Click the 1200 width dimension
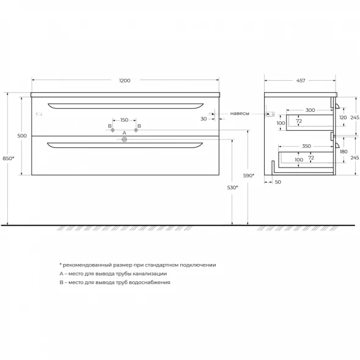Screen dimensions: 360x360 [x=125, y=81]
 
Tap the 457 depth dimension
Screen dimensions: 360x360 [x=301, y=81]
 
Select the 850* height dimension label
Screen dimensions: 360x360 [x=9, y=158]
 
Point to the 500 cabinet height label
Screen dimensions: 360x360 [x=22, y=136]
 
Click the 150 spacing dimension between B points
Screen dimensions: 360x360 [x=124, y=120]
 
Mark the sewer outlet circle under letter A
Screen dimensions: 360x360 [x=124, y=139]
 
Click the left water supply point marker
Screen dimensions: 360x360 [x=112, y=130]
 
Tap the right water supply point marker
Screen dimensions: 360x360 [x=136, y=130]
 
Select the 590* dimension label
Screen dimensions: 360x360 [x=249, y=175]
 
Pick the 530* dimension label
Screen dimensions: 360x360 [x=233, y=188]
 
